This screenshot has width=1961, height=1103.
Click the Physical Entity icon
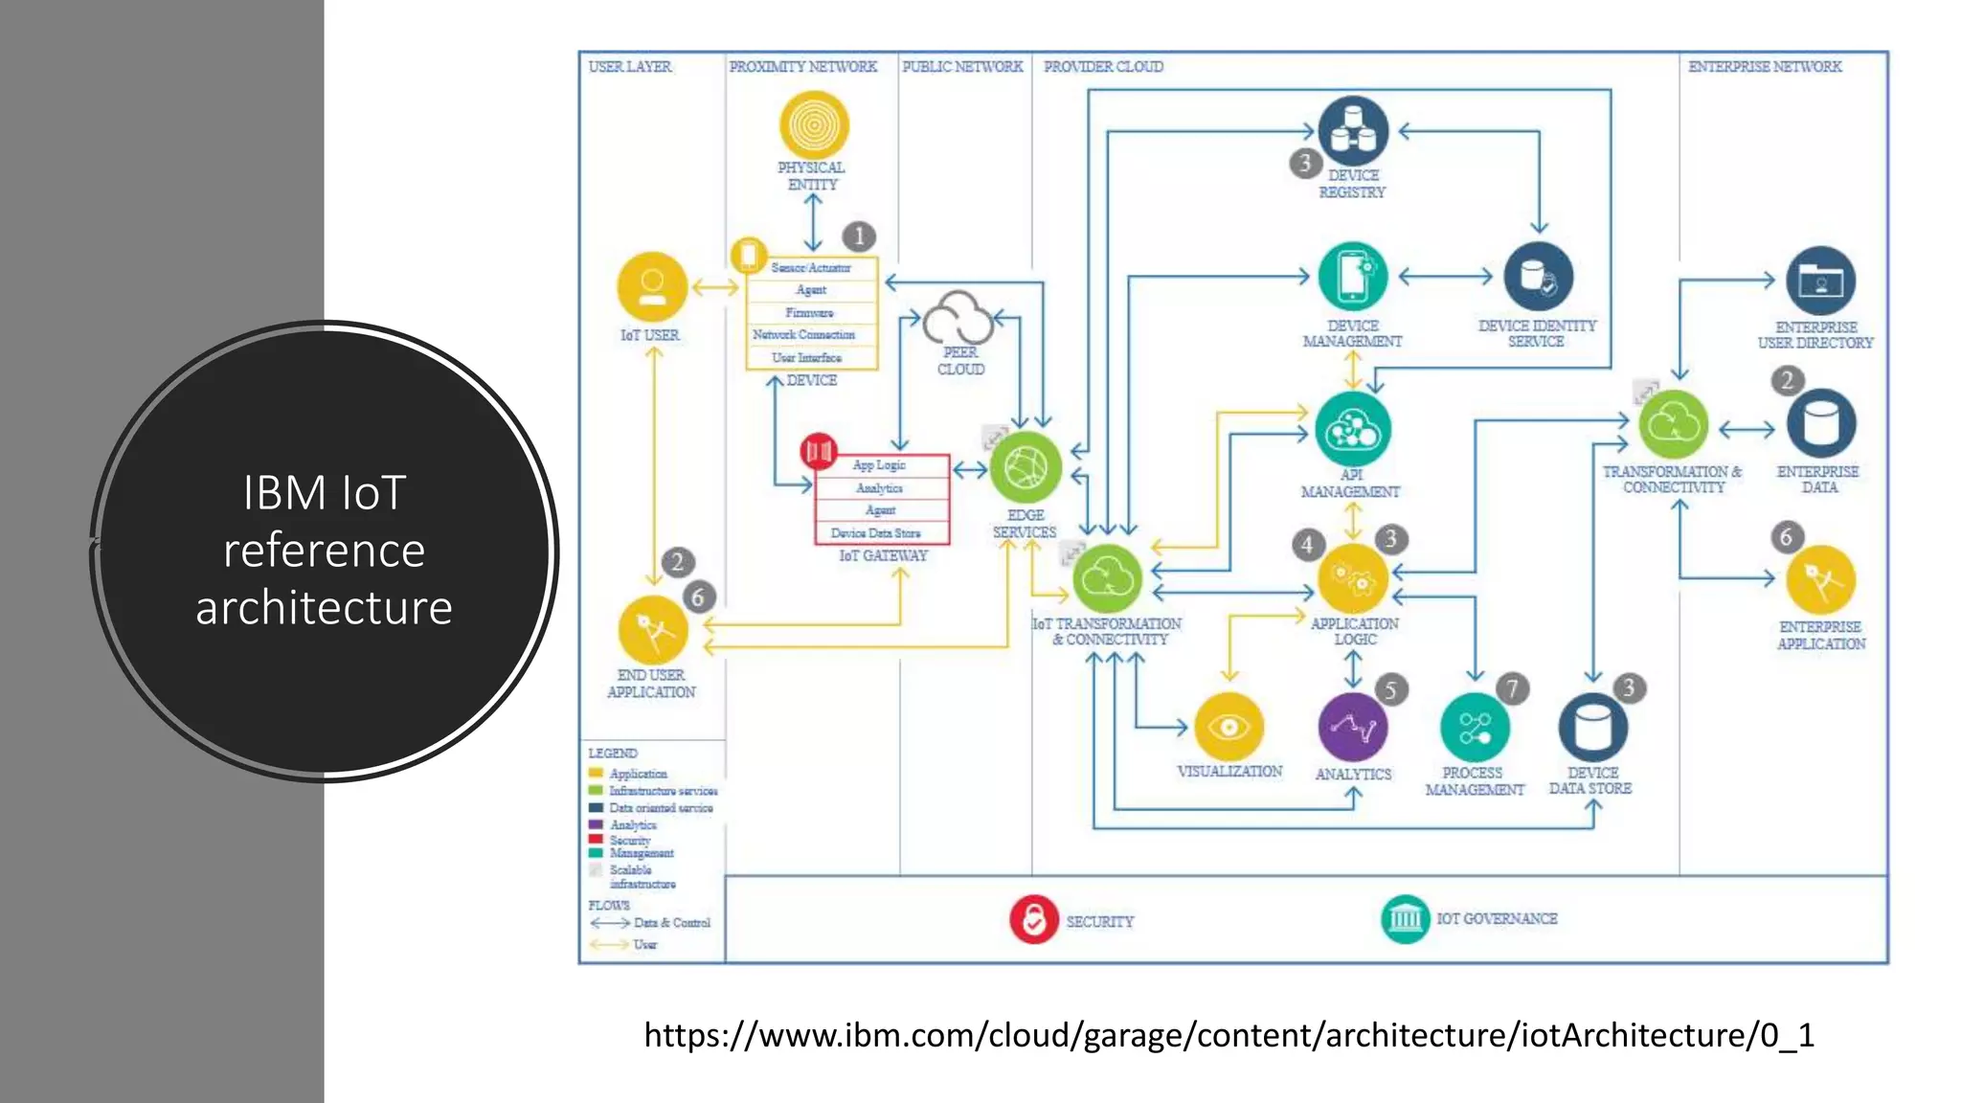pyautogui.click(x=814, y=125)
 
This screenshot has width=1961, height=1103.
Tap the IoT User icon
pyautogui.click(x=652, y=286)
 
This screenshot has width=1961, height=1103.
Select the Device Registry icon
pyautogui.click(x=1353, y=131)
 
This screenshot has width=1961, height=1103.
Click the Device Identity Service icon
pyautogui.click(x=1538, y=278)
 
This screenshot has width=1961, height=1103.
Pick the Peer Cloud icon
pyautogui.click(x=958, y=318)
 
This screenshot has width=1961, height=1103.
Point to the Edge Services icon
pyautogui.click(x=1025, y=467)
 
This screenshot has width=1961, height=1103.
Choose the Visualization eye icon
pyautogui.click(x=1229, y=728)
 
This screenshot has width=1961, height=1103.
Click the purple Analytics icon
pyautogui.click(x=1353, y=729)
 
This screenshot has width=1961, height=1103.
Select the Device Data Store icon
pyautogui.click(x=1592, y=729)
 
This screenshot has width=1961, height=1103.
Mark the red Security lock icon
pyautogui.click(x=1033, y=920)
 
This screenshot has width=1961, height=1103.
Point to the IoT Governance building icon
pyautogui.click(x=1405, y=919)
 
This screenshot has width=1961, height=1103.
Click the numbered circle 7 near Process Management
pyautogui.click(x=1512, y=688)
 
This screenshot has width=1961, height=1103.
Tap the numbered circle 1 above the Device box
pyautogui.click(x=859, y=236)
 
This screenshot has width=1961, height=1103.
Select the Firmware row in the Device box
pyautogui.click(x=810, y=313)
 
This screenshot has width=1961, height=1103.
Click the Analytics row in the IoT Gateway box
pyautogui.click(x=880, y=488)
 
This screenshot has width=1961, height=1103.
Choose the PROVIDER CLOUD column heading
pyautogui.click(x=1103, y=67)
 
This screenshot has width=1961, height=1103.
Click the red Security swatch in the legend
pyautogui.click(x=596, y=839)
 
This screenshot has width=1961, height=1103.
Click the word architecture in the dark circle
pyautogui.click(x=324, y=608)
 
